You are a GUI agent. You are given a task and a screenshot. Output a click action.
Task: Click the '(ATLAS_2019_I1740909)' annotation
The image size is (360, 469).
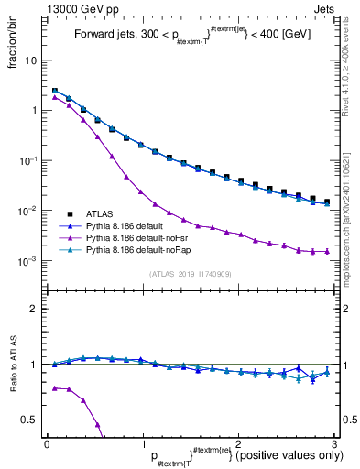pos(189,273)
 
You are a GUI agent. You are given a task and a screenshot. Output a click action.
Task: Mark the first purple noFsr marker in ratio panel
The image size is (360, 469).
pos(54,388)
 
